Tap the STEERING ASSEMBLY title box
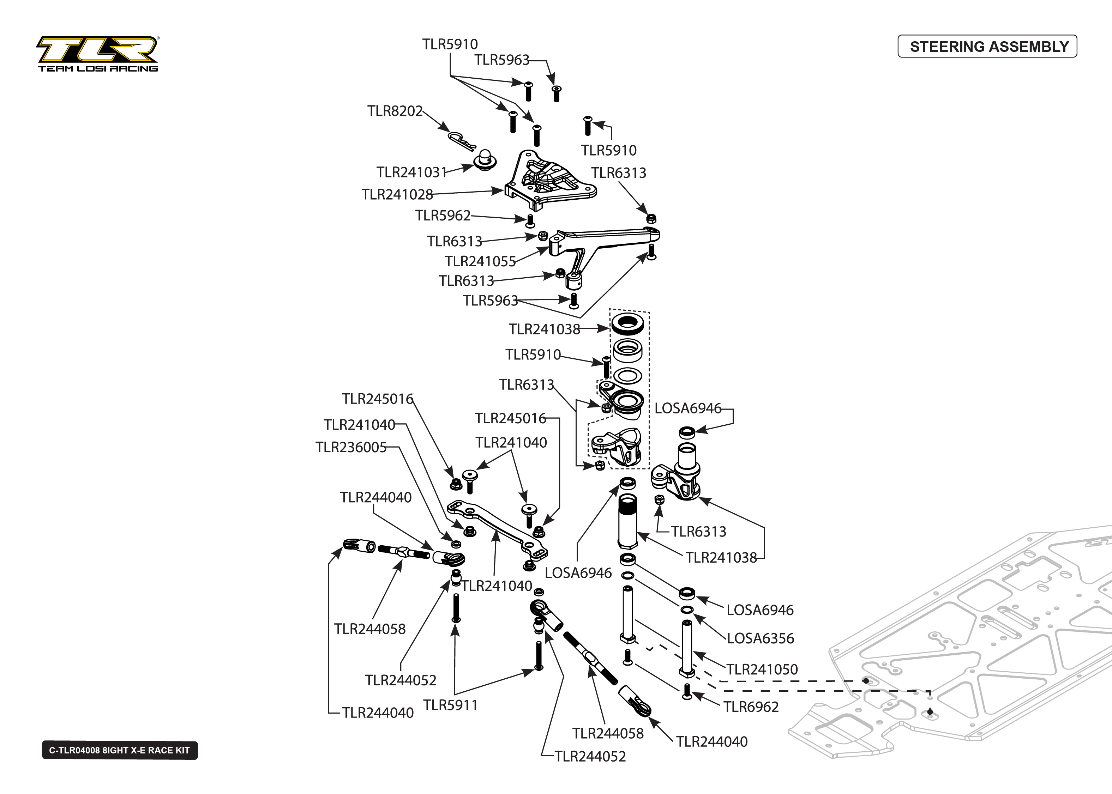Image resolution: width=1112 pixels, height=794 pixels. click(987, 47)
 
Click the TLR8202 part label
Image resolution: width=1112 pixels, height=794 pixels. click(395, 111)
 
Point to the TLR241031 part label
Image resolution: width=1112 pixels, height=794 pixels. click(411, 172)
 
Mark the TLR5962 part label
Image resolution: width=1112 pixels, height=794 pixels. click(443, 215)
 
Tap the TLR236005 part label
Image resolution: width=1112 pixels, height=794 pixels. click(351, 447)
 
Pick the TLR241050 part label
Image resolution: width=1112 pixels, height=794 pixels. click(762, 669)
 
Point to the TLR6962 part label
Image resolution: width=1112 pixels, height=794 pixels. click(751, 707)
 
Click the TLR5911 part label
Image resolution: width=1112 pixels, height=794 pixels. click(450, 705)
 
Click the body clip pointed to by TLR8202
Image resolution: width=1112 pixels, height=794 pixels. click(461, 141)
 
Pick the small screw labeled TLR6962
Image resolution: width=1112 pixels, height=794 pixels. click(687, 692)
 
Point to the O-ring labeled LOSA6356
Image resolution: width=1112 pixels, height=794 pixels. click(686, 610)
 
